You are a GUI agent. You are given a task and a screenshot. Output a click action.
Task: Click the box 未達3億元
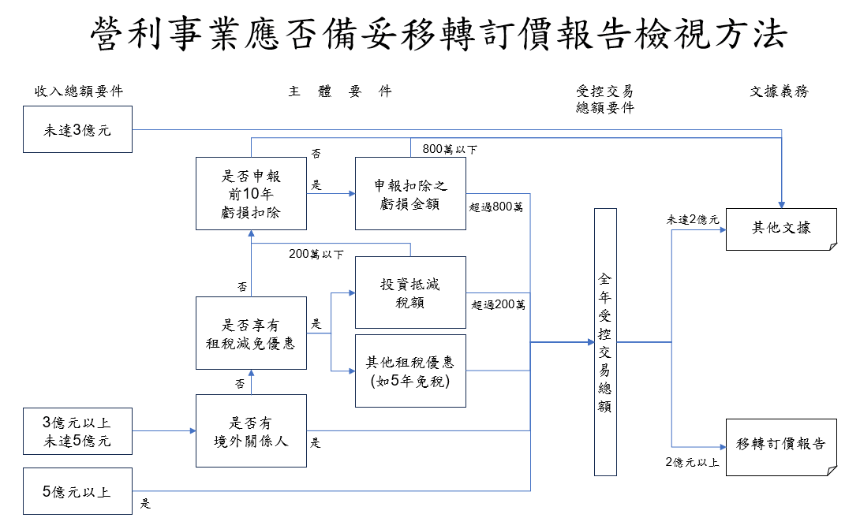click(77, 130)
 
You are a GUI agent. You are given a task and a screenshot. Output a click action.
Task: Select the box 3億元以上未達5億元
click(77, 431)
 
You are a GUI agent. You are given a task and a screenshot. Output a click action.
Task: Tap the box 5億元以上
click(77, 492)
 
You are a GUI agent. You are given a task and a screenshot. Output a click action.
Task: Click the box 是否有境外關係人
click(251, 432)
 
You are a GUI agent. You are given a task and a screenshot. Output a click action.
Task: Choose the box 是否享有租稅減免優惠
click(251, 333)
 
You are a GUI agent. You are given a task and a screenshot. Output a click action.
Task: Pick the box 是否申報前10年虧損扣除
click(251, 194)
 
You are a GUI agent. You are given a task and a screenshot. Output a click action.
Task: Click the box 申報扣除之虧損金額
click(410, 194)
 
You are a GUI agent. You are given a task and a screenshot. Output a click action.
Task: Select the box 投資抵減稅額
click(410, 292)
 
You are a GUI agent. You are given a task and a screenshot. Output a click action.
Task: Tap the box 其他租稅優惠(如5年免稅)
click(410, 371)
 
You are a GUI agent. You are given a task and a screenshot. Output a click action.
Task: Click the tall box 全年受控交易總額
click(605, 342)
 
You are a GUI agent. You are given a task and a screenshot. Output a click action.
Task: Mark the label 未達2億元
click(693, 220)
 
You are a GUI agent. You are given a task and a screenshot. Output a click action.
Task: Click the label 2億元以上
click(692, 462)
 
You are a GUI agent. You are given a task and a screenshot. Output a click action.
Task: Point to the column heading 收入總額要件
click(78, 91)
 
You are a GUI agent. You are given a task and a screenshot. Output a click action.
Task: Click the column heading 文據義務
click(779, 91)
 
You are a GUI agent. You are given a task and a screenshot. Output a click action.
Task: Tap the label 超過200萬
click(498, 304)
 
